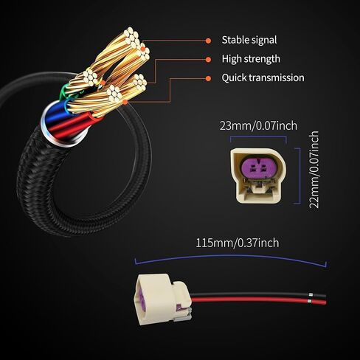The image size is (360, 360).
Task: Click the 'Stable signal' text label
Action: point(249,40)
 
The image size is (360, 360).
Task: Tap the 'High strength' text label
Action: point(251,59)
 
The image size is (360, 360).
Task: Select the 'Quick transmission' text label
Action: point(263,77)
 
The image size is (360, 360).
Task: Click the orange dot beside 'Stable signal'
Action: point(208,41)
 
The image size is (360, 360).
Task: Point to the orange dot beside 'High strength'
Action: point(208,60)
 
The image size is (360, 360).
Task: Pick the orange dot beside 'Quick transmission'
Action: point(208,78)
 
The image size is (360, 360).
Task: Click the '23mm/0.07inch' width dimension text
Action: point(258,125)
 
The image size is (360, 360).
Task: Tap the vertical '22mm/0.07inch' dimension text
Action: point(314,170)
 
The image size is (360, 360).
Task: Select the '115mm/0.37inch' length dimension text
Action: point(238,243)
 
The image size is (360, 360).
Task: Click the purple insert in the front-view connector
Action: point(257,167)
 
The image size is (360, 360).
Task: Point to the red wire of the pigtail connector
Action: point(258,300)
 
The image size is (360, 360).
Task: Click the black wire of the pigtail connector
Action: point(258,294)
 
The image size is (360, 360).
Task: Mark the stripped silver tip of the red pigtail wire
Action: point(310,300)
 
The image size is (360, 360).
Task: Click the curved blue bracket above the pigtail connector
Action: point(231,257)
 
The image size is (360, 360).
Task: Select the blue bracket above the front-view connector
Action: point(258,137)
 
